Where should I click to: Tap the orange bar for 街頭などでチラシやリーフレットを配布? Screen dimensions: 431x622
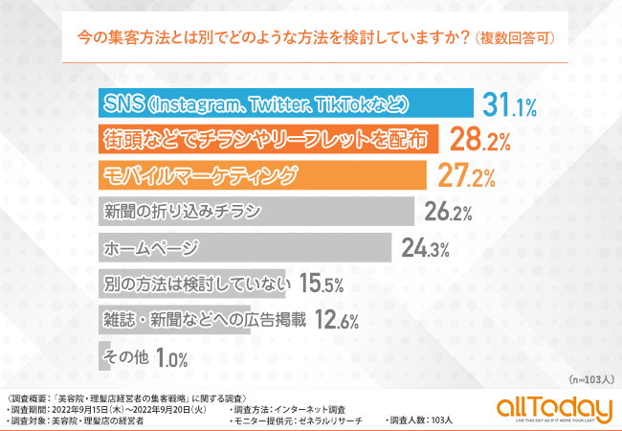click(268, 140)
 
